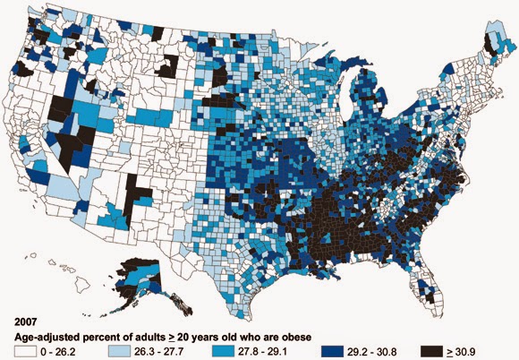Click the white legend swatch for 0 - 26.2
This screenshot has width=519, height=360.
tap(24, 351)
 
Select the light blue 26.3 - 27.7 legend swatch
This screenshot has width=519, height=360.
tap(119, 351)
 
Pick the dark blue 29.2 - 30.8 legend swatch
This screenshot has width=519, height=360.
tap(332, 351)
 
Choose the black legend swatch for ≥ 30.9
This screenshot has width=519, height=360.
tap(431, 351)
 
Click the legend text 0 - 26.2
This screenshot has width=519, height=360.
tap(57, 352)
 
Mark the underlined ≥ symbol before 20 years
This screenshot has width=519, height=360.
tap(172, 338)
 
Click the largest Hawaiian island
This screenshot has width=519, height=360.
tap(81, 285)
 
